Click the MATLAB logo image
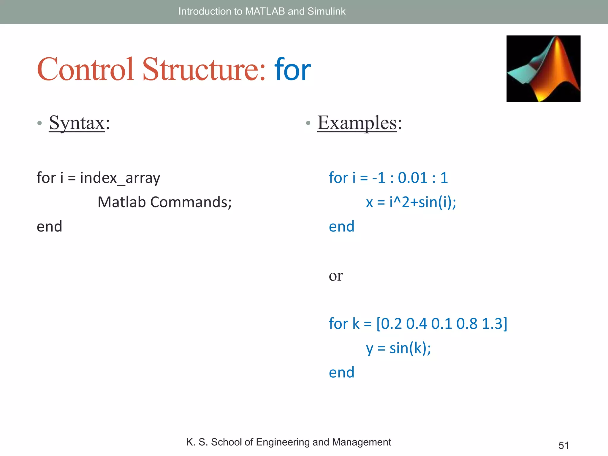tap(543, 69)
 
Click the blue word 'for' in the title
tap(292, 70)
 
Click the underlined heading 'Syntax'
tap(77, 123)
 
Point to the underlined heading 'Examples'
tap(357, 123)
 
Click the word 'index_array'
tap(120, 178)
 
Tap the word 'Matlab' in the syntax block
tap(122, 202)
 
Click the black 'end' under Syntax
tap(49, 227)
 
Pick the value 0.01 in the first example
tap(413, 178)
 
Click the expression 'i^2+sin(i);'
tap(423, 202)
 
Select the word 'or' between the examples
tap(336, 276)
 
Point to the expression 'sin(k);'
tap(410, 348)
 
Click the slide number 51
tap(563, 445)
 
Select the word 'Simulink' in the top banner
tap(326, 11)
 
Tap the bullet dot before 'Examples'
tap(308, 123)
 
